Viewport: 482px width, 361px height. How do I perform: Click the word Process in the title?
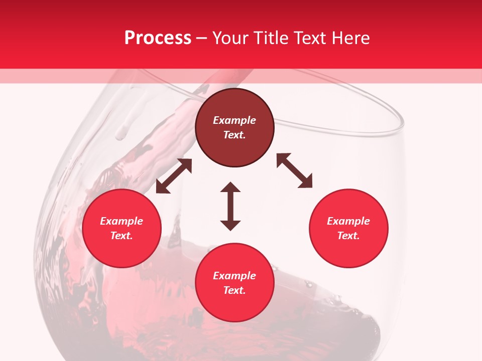pos(158,38)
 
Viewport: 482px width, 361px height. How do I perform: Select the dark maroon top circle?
pos(234,128)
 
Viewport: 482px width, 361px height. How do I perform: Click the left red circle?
pos(122,228)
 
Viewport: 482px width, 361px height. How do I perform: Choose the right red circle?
pos(348,228)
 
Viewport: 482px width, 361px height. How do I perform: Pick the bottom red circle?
pos(234,283)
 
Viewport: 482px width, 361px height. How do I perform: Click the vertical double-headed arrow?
pos(230,206)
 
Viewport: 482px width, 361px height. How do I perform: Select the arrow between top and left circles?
pos(174,176)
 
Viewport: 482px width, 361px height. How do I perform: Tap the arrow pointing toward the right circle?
pos(295,170)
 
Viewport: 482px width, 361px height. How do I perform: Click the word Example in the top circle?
pos(234,120)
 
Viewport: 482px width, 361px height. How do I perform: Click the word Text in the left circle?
pos(122,236)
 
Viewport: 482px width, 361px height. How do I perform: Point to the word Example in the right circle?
pos(348,221)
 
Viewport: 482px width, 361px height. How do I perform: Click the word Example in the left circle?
pos(122,221)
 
